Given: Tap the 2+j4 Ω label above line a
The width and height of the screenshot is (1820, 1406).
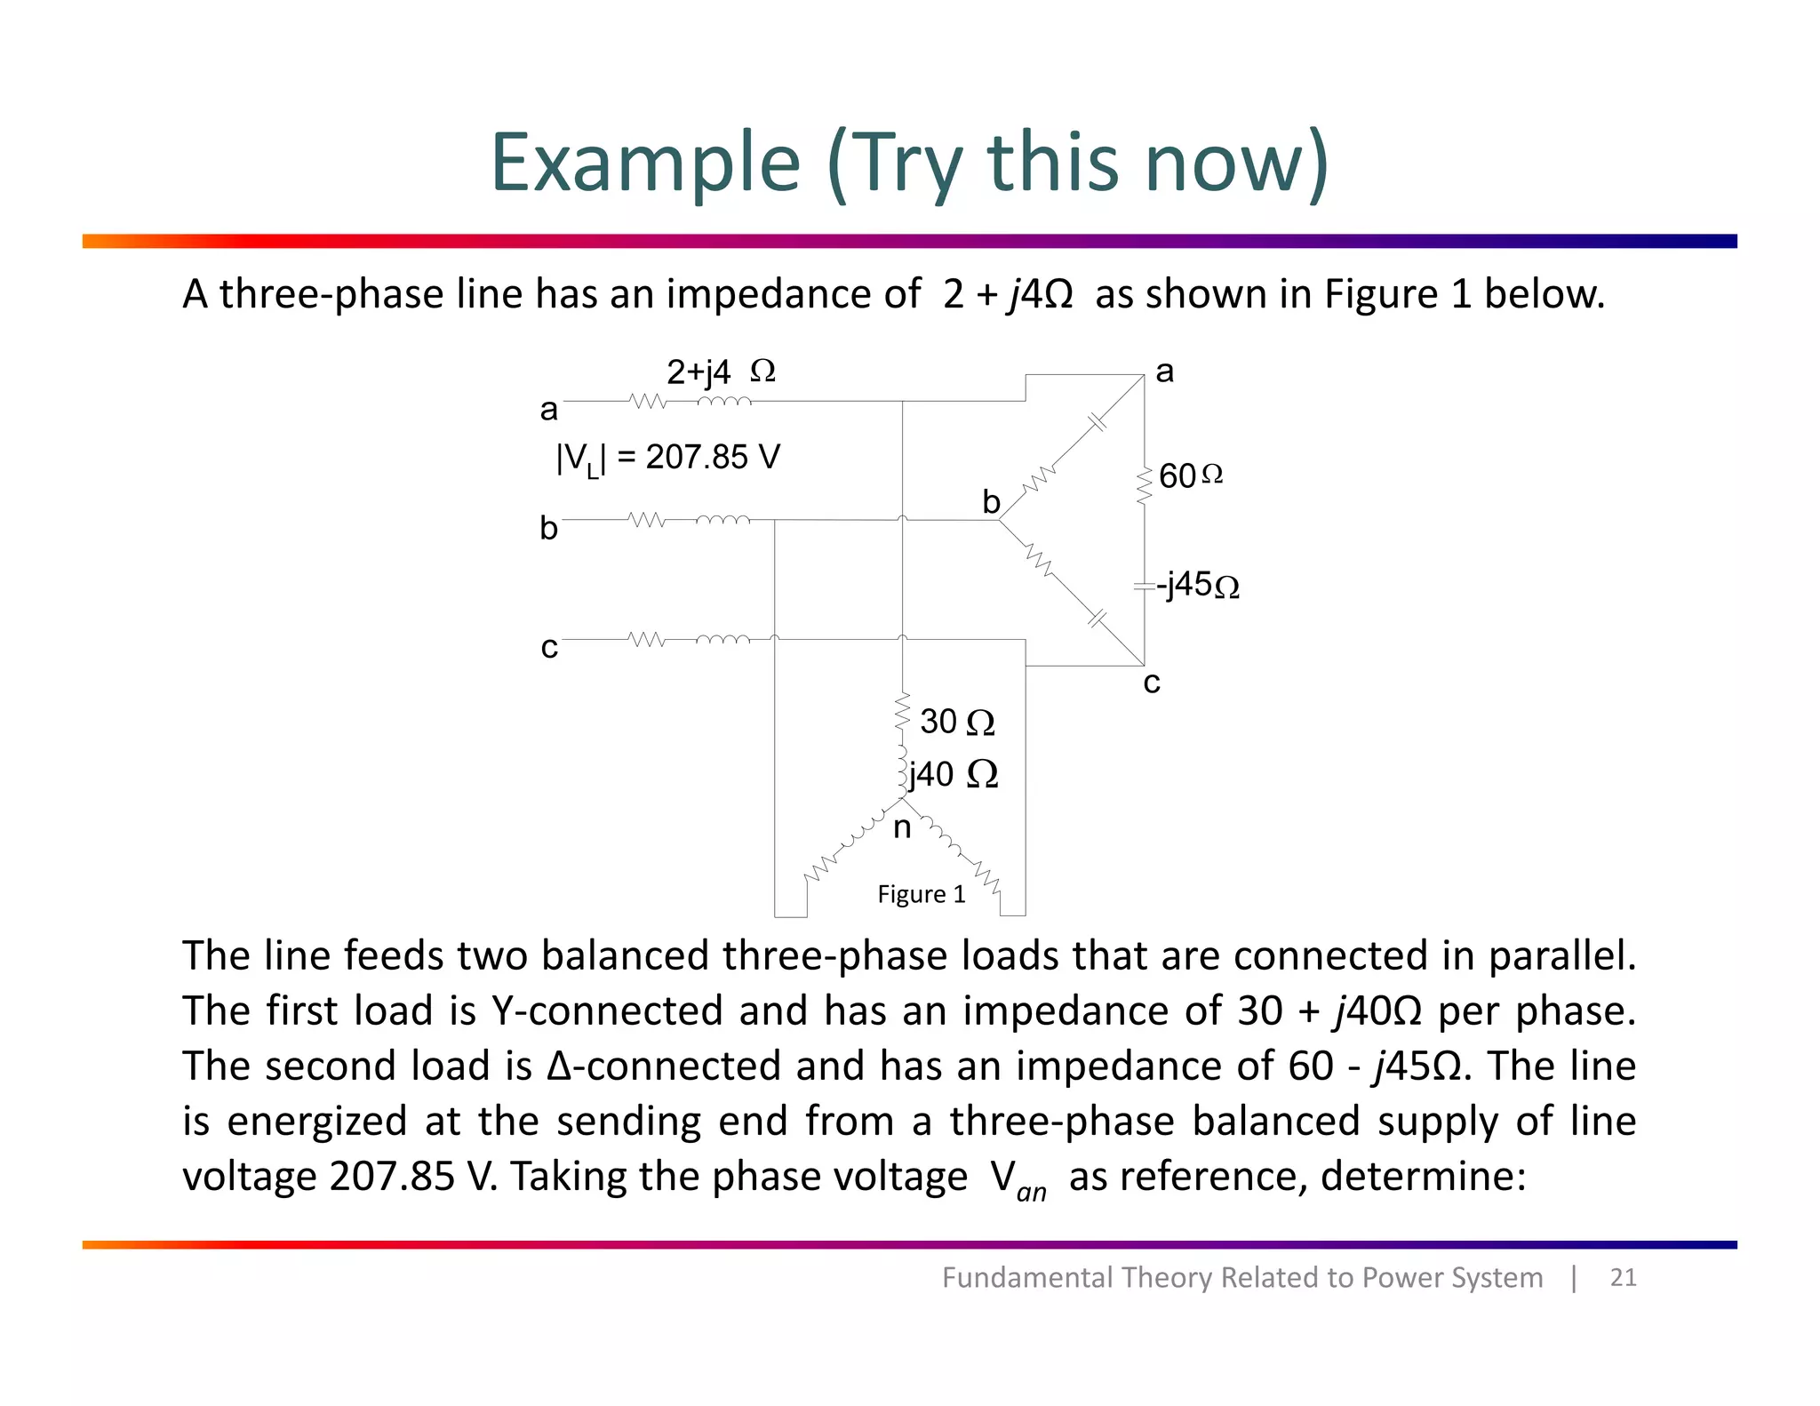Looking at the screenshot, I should coord(721,371).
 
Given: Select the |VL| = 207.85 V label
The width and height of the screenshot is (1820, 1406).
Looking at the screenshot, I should coord(667,458).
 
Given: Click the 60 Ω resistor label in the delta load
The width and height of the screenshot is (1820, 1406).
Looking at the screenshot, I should coord(1190,476).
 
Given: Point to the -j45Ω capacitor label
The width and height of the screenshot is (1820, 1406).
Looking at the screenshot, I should coord(1198,585).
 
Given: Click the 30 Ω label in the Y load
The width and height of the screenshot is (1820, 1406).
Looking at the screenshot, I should coord(956,722).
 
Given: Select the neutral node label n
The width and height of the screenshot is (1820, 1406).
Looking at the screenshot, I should coord(902,828).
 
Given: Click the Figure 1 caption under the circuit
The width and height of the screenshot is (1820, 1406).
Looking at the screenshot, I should coord(921,894).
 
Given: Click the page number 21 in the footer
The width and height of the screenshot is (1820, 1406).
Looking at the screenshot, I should coord(1623,1277).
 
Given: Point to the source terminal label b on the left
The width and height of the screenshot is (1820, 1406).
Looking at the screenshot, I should coord(548,529).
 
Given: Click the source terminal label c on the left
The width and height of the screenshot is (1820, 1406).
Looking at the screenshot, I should coord(549,648).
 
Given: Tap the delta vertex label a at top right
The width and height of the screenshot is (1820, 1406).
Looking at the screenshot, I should coord(1164,371).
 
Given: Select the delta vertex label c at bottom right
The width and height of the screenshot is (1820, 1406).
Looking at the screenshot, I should coord(1152,683).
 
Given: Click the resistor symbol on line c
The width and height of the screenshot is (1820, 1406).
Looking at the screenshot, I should coord(646,639).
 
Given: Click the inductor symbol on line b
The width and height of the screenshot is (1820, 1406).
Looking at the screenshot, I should coord(722,519).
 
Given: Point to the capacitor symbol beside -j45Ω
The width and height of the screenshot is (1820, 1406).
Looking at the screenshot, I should coord(1143,587).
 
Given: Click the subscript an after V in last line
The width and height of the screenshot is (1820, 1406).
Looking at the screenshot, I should coord(1031,1192).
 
